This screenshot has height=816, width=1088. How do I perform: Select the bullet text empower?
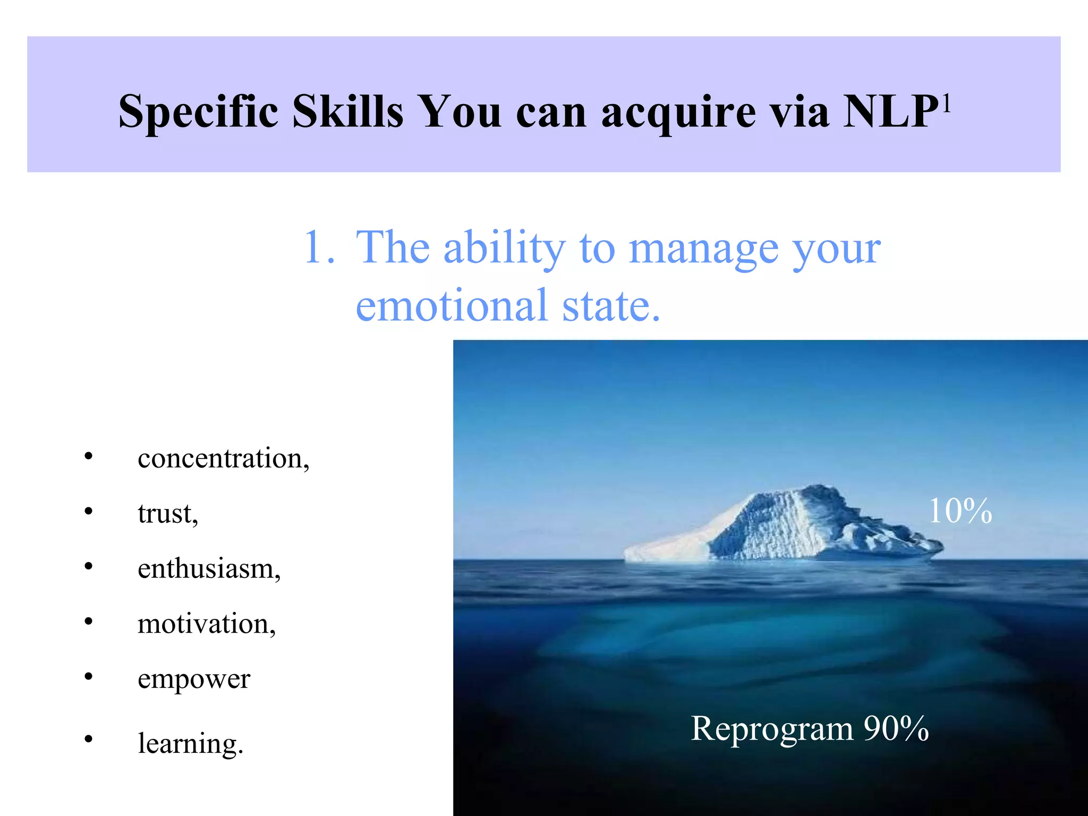coord(194,679)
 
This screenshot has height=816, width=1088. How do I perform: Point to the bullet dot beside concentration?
coord(88,456)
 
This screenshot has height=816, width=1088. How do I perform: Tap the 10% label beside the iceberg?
coord(960,511)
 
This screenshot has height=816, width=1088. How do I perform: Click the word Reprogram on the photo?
coord(771,728)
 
